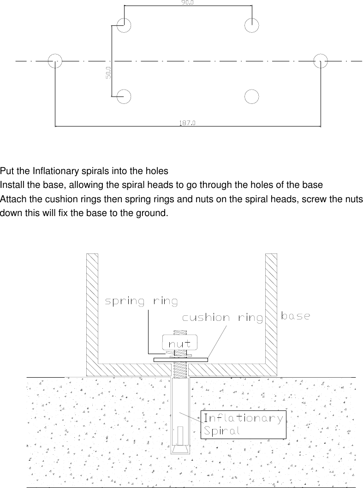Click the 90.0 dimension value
click(x=187, y=3)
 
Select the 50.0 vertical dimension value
click(x=108, y=73)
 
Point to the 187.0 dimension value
click(x=187, y=123)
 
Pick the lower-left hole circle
click(x=124, y=96)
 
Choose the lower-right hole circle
click(x=251, y=96)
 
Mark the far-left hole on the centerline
click(x=55, y=60)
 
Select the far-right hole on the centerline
click(x=321, y=60)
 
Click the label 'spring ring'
click(x=141, y=302)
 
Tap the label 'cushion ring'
click(x=222, y=318)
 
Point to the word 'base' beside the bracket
click(x=296, y=316)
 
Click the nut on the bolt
click(x=180, y=343)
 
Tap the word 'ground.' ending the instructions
click(x=151, y=213)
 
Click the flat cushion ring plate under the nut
click(x=180, y=359)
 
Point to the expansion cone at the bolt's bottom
click(x=180, y=449)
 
